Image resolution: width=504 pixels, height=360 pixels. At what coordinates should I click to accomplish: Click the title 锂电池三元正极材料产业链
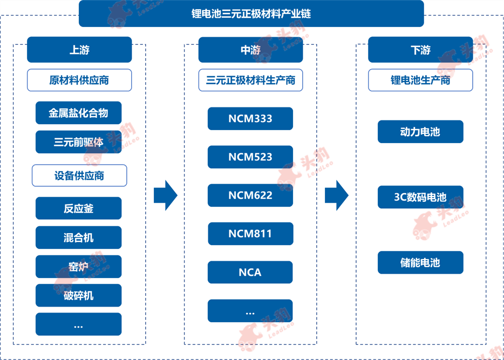click(251, 14)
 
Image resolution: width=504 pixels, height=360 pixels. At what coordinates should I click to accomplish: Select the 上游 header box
click(79, 50)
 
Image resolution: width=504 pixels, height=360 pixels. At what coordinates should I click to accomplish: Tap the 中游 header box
click(250, 50)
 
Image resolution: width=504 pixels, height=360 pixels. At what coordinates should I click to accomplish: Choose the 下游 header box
click(420, 50)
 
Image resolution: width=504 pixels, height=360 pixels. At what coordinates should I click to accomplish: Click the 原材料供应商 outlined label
click(79, 80)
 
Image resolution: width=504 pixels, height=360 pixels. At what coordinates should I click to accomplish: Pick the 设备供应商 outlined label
click(79, 175)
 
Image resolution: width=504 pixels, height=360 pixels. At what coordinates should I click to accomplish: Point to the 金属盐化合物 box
click(78, 113)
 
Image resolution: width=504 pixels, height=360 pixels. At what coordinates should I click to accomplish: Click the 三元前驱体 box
click(78, 142)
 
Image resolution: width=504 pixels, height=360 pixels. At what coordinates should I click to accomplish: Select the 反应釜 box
click(78, 208)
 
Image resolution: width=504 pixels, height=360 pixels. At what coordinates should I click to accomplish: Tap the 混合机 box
click(78, 237)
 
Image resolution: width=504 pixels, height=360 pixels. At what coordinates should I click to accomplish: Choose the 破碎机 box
click(78, 295)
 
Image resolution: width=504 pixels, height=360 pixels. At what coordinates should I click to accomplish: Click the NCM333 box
click(250, 119)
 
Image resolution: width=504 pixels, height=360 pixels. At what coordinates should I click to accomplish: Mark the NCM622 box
click(250, 195)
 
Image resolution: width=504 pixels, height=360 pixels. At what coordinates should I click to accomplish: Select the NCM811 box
click(250, 234)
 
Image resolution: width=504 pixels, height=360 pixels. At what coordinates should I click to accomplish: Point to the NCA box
click(250, 272)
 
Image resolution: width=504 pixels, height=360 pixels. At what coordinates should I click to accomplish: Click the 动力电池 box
click(420, 132)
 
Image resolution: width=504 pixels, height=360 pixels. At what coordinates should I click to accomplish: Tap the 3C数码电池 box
click(420, 197)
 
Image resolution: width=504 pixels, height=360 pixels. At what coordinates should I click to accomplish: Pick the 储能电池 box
click(420, 263)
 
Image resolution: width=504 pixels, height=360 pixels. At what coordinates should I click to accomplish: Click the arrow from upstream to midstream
click(166, 195)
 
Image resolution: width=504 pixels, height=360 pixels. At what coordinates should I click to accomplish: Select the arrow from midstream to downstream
click(337, 195)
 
